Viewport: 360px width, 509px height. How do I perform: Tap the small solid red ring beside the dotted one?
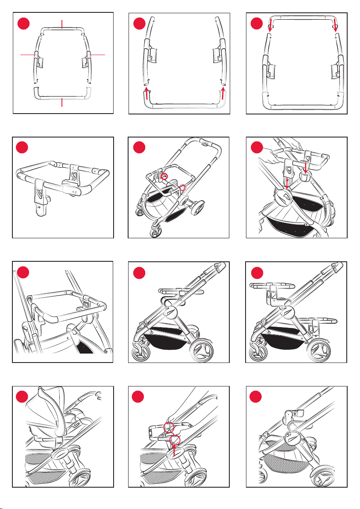click(164, 175)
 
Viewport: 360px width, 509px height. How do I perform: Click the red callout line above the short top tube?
click(62, 23)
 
